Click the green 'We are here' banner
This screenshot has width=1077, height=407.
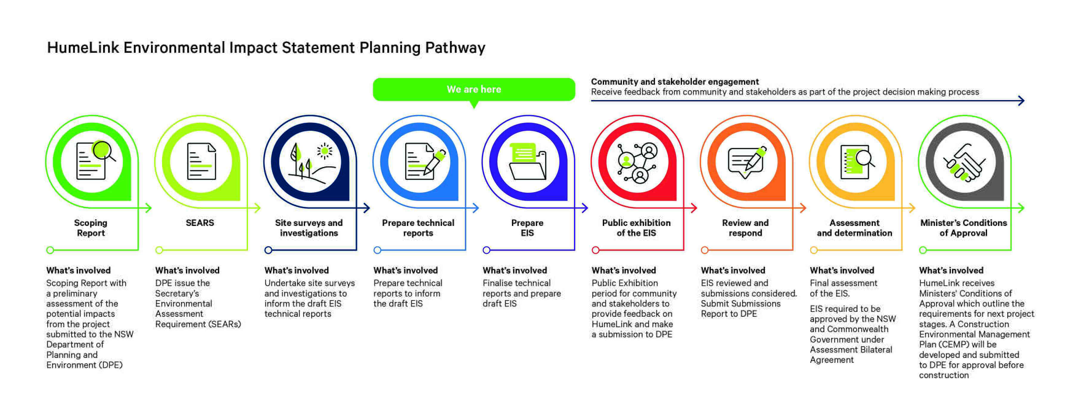[473, 89]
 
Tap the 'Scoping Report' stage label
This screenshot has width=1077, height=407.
[91, 228]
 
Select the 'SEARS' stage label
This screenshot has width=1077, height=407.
[200, 223]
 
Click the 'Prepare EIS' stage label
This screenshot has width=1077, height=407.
[527, 228]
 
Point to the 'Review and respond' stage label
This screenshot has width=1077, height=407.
[745, 228]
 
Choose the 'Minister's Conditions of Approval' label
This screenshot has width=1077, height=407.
[963, 228]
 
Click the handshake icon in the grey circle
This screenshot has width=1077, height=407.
[964, 162]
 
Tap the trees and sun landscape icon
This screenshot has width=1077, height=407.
[310, 162]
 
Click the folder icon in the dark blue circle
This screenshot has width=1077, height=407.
[528, 162]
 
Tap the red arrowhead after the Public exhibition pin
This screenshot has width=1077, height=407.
[694, 208]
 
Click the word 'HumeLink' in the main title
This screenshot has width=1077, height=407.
[83, 48]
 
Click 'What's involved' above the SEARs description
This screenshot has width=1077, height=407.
[187, 270]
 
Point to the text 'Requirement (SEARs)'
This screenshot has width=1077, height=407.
[198, 324]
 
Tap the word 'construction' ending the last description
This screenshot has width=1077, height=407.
[944, 375]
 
